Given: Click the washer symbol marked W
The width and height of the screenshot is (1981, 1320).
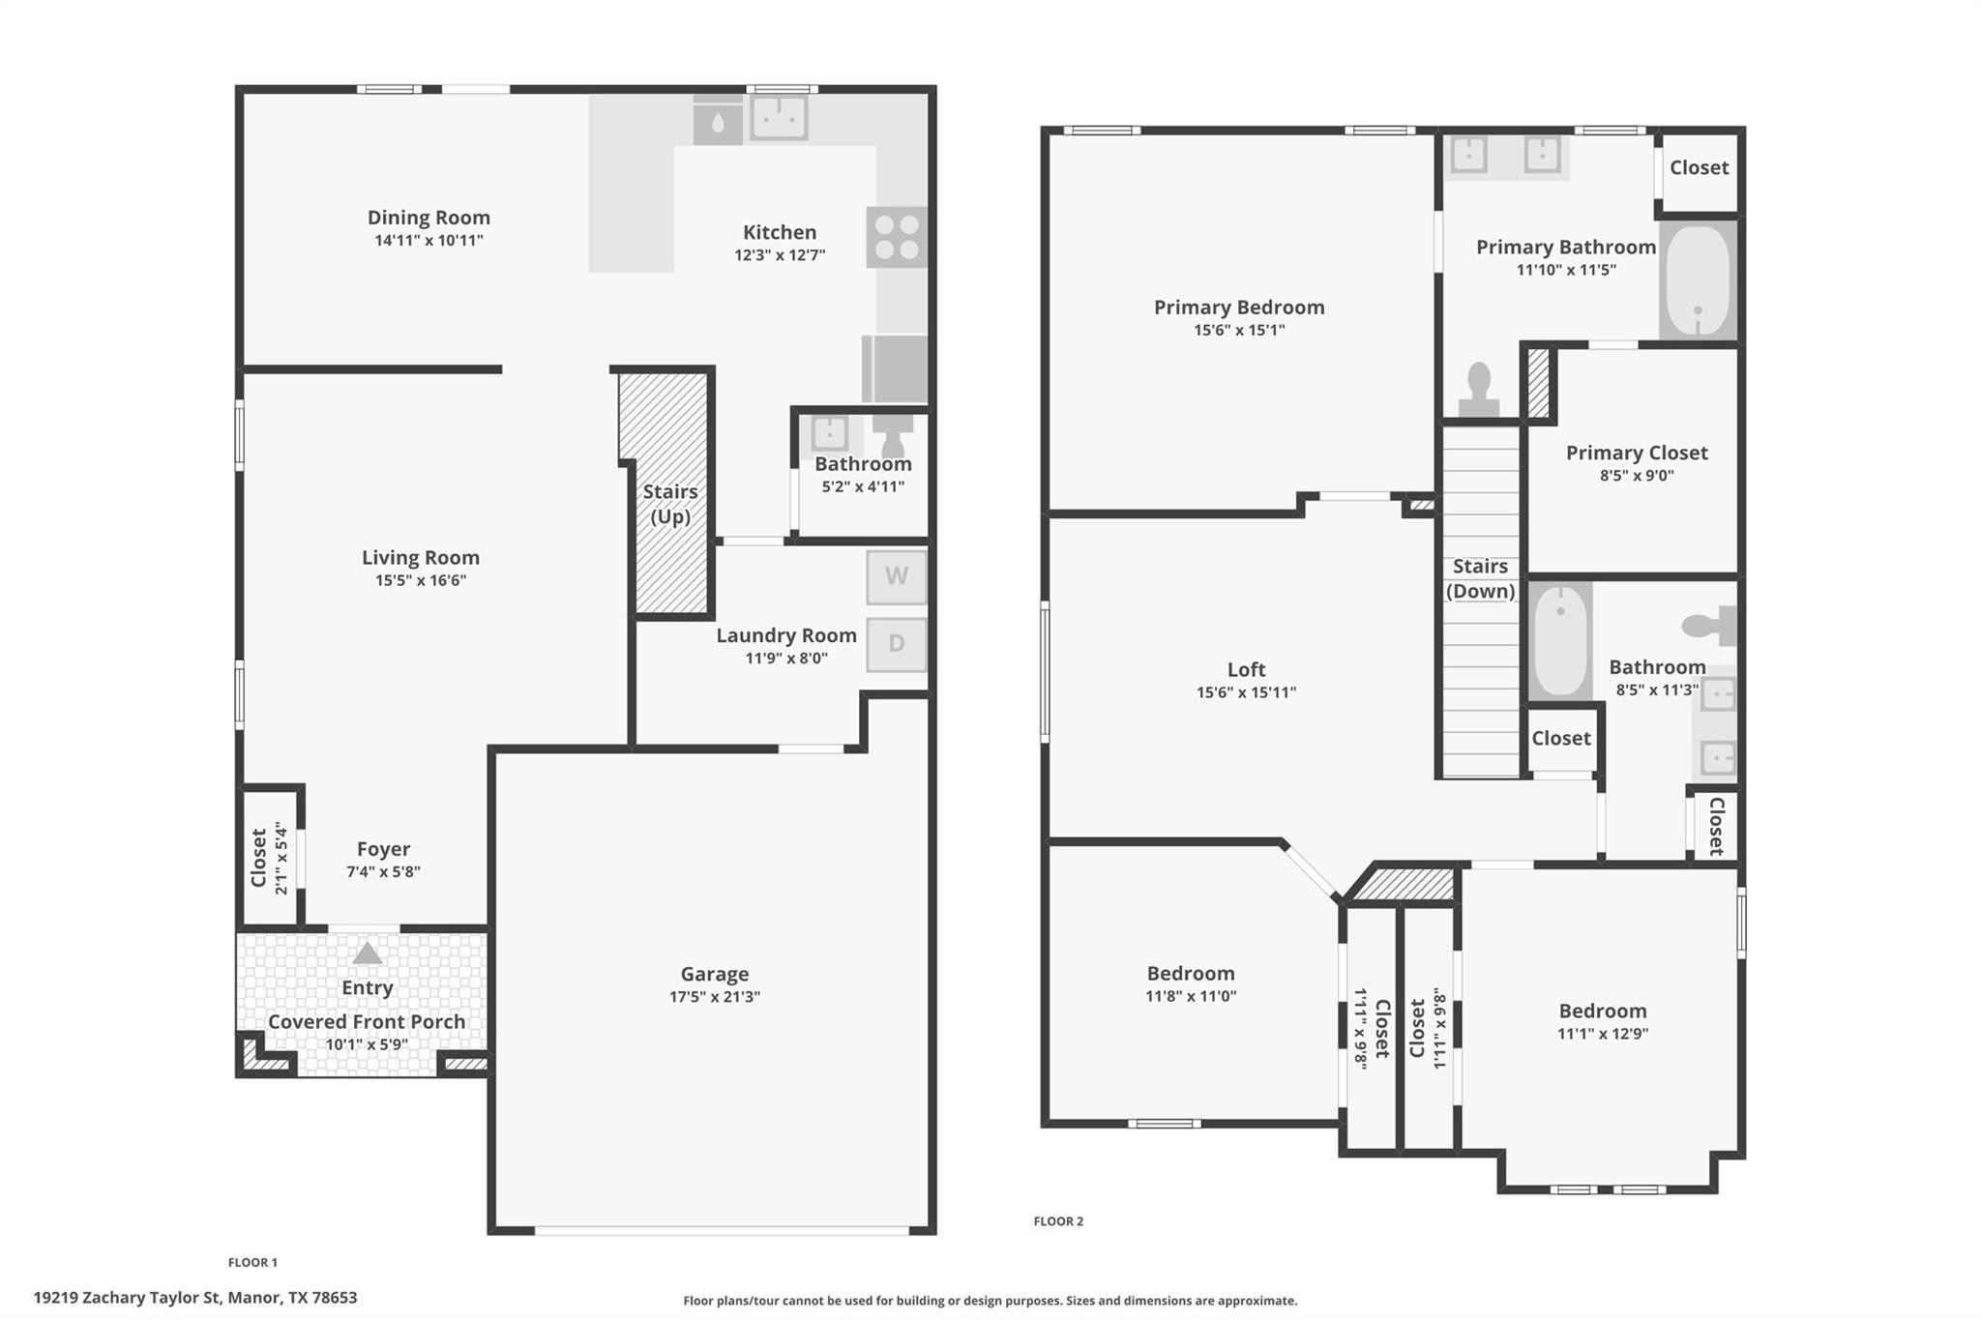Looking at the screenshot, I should [896, 577].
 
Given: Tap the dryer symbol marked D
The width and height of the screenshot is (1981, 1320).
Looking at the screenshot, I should [896, 644].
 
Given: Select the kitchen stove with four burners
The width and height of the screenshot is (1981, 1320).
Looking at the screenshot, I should [896, 237].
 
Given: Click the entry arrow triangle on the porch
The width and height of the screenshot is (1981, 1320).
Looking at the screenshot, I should [367, 953].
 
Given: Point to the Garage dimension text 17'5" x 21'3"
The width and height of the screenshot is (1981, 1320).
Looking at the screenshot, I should [715, 997].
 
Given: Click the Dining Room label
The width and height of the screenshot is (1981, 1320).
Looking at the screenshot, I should [429, 218].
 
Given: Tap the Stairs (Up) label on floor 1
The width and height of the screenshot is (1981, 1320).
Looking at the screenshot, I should [670, 504].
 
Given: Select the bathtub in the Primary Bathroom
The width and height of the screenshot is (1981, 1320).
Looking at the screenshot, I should [1699, 280].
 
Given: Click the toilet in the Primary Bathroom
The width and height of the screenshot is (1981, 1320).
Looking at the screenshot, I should [1478, 392].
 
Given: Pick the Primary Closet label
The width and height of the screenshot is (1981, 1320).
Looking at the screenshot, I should [1637, 453].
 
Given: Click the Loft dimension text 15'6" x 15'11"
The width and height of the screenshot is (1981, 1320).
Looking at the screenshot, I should [1246, 692].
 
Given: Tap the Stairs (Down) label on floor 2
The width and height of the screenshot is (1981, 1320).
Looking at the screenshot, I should [1480, 578].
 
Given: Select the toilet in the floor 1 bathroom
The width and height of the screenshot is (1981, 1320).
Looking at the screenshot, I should [892, 435].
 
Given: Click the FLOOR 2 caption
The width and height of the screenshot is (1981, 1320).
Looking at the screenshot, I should [1058, 1221].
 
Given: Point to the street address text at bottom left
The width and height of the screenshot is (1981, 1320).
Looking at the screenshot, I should [195, 1298].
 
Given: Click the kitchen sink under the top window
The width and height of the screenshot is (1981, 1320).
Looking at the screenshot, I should [779, 118].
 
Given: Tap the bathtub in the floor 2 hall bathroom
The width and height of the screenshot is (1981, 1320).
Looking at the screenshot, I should [1560, 640].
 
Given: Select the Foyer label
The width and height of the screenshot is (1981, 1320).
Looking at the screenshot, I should [383, 849].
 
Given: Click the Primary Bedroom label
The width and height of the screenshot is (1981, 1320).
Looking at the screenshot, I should [1239, 308].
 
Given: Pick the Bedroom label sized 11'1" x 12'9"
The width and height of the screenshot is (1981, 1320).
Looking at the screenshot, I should [1602, 1011].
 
